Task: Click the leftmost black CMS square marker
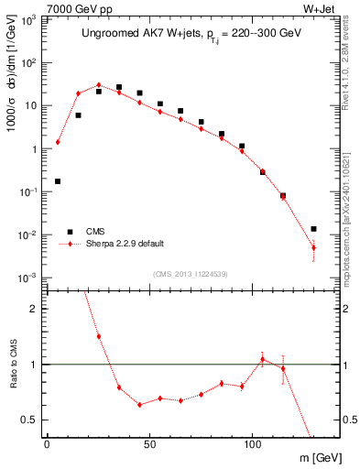pos(58,181)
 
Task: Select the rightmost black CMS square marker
pos(313,229)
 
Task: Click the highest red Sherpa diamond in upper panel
pos(99,85)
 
